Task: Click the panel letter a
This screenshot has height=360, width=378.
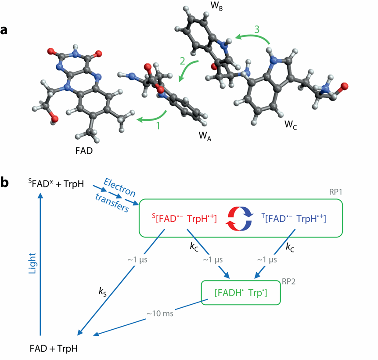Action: pyautogui.click(x=4, y=31)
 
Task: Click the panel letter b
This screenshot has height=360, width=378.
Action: pyautogui.click(x=4, y=182)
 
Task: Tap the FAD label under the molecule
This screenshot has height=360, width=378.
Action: pyautogui.click(x=84, y=151)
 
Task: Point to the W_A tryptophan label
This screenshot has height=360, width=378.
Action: pyautogui.click(x=205, y=136)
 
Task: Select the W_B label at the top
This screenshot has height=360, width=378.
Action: pyautogui.click(x=216, y=6)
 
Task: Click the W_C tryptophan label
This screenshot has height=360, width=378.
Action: pyautogui.click(x=291, y=125)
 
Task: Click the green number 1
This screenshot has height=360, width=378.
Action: pyautogui.click(x=158, y=126)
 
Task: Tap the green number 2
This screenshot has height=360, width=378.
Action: pyautogui.click(x=183, y=61)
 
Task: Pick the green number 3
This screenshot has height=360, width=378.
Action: pyautogui.click(x=257, y=29)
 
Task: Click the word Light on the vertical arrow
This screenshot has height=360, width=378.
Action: pyautogui.click(x=32, y=263)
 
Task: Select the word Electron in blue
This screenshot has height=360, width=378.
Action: pyautogui.click(x=119, y=187)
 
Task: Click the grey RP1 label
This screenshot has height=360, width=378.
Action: pyautogui.click(x=335, y=192)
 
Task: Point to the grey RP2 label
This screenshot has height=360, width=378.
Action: pyautogui.click(x=288, y=281)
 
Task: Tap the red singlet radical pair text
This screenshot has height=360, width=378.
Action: pyautogui.click(x=184, y=218)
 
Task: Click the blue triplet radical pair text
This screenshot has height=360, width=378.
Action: pyautogui.click(x=294, y=218)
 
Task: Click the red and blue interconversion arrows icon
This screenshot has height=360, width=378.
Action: pyautogui.click(x=240, y=219)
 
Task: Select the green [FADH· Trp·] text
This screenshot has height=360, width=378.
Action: pyautogui.click(x=241, y=293)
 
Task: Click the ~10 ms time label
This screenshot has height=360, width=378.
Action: pyautogui.click(x=160, y=313)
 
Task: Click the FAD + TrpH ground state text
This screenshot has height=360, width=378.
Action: pyautogui.click(x=54, y=349)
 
